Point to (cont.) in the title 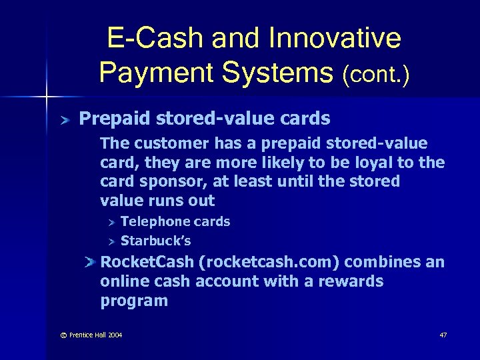click(x=375, y=74)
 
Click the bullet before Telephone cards click(x=113, y=222)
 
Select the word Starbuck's click(x=155, y=241)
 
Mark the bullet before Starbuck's click(x=113, y=241)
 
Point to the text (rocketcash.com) click(x=269, y=262)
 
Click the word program click(x=133, y=301)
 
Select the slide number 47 click(x=443, y=335)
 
